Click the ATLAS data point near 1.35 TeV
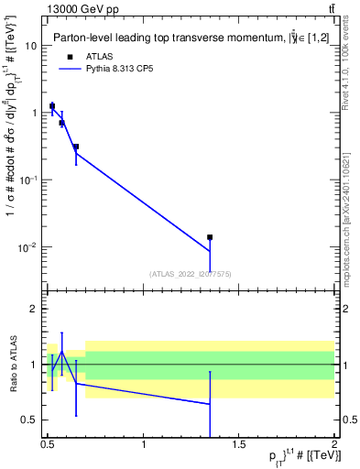coord(210,237)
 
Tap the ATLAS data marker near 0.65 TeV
coord(76,147)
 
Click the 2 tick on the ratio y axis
coord(33,310)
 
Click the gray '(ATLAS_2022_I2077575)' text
coord(190,274)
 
